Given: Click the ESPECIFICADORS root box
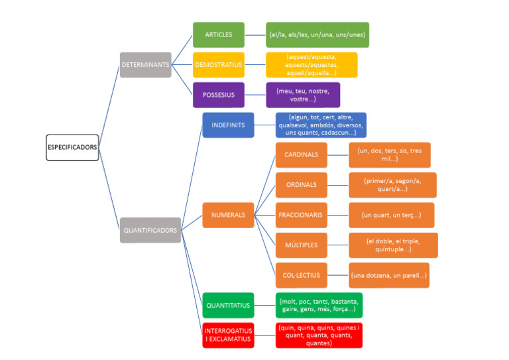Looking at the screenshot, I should [x=72, y=147].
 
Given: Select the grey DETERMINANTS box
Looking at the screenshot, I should [x=145, y=65].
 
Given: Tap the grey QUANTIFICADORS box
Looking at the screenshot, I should [x=150, y=230].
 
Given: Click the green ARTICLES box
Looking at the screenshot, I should [x=218, y=34].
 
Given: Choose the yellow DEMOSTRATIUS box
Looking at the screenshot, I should [x=218, y=65].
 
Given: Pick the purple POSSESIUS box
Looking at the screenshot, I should [x=218, y=95].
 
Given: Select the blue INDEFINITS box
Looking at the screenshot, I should [x=227, y=125].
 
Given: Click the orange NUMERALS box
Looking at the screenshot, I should [x=228, y=215].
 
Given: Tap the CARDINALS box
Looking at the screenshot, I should [x=301, y=155].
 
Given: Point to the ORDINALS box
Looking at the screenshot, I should [x=301, y=185].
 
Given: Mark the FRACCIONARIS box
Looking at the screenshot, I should [x=301, y=215].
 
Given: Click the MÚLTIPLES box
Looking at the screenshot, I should [x=301, y=245].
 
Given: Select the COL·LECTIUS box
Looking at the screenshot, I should [x=301, y=275].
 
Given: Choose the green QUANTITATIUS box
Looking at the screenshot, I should [x=228, y=306].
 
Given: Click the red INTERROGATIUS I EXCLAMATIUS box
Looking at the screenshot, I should [x=228, y=335].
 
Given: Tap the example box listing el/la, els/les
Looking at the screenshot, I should [x=317, y=34].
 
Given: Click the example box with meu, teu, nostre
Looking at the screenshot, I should [x=302, y=95].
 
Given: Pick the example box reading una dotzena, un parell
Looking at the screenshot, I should [x=389, y=275].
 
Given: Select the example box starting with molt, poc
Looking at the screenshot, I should [x=319, y=306].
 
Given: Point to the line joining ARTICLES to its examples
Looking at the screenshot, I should [x=254, y=34].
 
